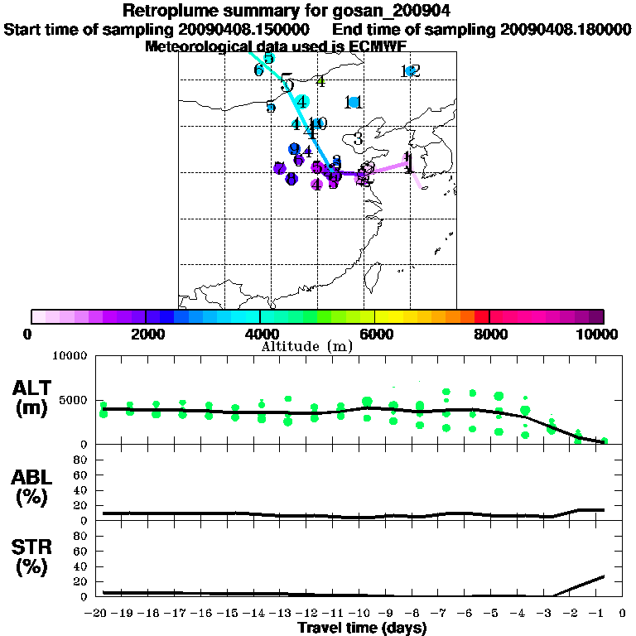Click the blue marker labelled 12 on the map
pyautogui.click(x=410, y=71)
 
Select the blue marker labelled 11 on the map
pyautogui.click(x=354, y=102)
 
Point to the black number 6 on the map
pyautogui.click(x=258, y=70)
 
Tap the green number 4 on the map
pyautogui.click(x=320, y=81)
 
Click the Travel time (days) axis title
pyautogui.click(x=362, y=628)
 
